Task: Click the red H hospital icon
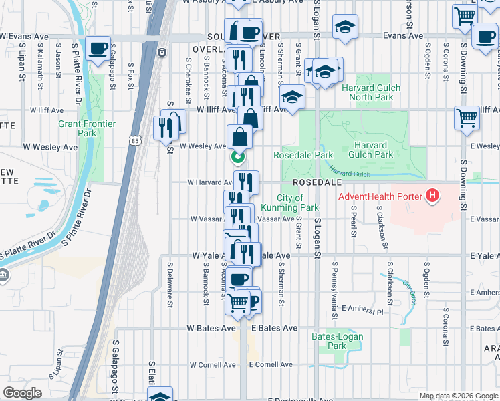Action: point(432,196)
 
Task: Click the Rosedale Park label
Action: point(303,155)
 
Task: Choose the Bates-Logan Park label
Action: point(329,341)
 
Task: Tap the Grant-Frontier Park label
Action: point(87,128)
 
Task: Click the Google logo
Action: point(22,393)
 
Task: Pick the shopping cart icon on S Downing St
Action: point(467,118)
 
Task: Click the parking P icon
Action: point(253,301)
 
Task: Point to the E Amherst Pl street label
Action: point(364,309)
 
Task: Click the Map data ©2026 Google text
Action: point(458,396)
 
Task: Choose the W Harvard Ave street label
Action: point(210,182)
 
